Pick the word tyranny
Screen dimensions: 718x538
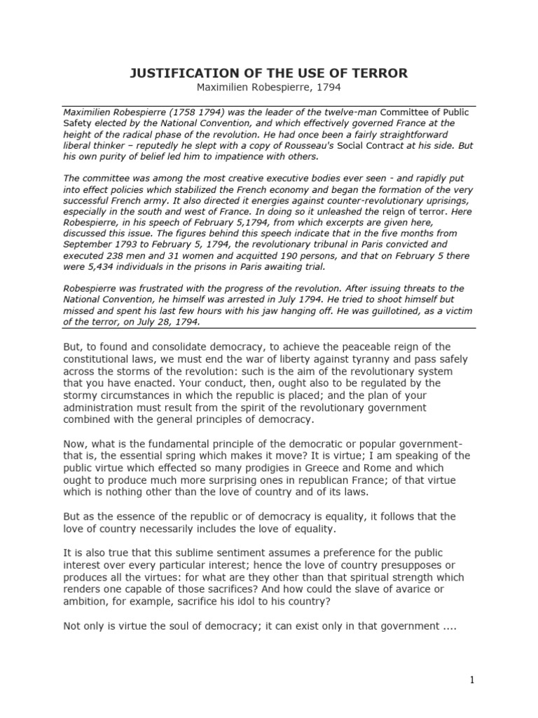point(368,359)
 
